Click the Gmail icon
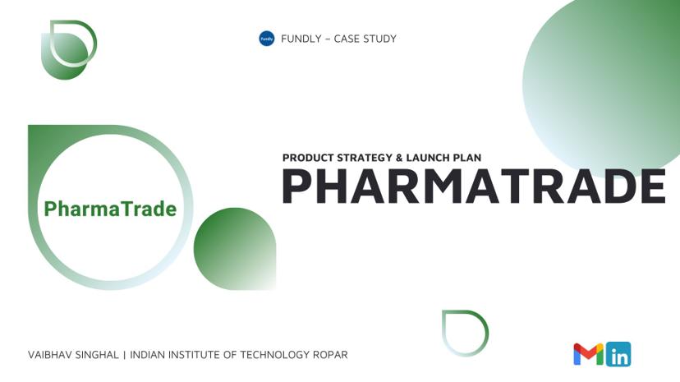point(588,354)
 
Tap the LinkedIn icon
point(618,354)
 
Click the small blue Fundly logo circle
point(266,39)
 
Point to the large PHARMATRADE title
point(473,186)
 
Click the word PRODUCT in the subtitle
point(306,157)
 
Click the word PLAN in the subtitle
point(469,157)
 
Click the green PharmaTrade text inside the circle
point(110,209)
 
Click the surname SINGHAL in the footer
point(98,355)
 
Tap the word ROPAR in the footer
point(330,355)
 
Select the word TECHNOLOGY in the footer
point(276,355)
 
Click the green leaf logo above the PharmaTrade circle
point(68,49)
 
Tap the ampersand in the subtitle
point(400,157)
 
